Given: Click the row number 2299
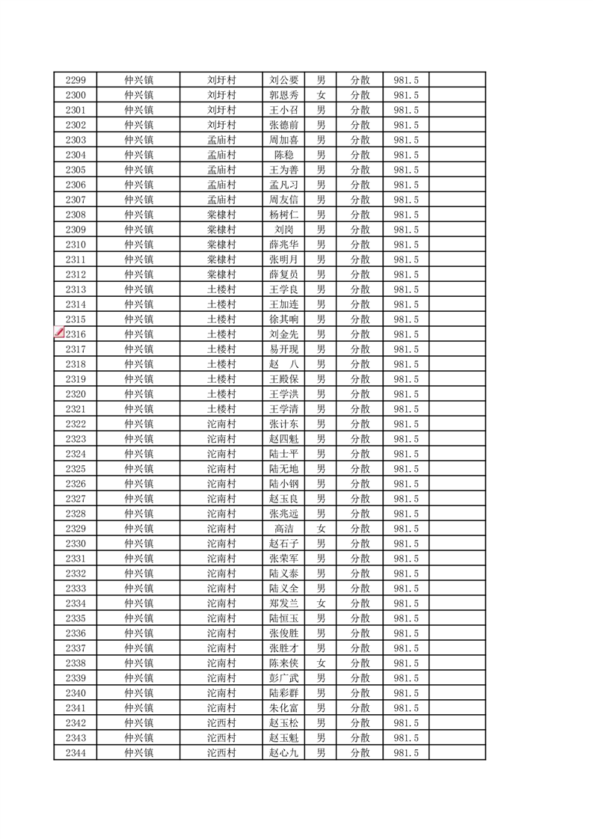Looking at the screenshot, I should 76,80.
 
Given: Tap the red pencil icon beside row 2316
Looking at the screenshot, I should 59,333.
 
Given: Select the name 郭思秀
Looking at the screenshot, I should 284,95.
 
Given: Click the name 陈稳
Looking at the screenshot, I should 284,155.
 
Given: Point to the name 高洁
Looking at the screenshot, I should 284,529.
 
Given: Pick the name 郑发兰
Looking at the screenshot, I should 284,603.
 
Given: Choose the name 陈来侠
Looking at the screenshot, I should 284,663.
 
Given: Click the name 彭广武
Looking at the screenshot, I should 284,678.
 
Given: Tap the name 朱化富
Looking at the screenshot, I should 284,708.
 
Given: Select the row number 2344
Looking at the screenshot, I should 76,753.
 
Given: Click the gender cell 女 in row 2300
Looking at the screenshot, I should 321,95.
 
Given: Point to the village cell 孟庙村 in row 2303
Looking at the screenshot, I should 221,140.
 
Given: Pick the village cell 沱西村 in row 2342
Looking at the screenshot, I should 221,723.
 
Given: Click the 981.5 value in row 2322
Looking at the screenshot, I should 405,424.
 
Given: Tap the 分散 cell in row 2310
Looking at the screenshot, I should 360,245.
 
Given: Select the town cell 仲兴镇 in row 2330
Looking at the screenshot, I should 139,544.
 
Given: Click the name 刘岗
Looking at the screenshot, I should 284,230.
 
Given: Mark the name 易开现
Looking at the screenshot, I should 284,349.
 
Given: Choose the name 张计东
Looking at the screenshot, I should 284,424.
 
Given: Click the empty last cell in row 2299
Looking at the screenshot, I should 457,80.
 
